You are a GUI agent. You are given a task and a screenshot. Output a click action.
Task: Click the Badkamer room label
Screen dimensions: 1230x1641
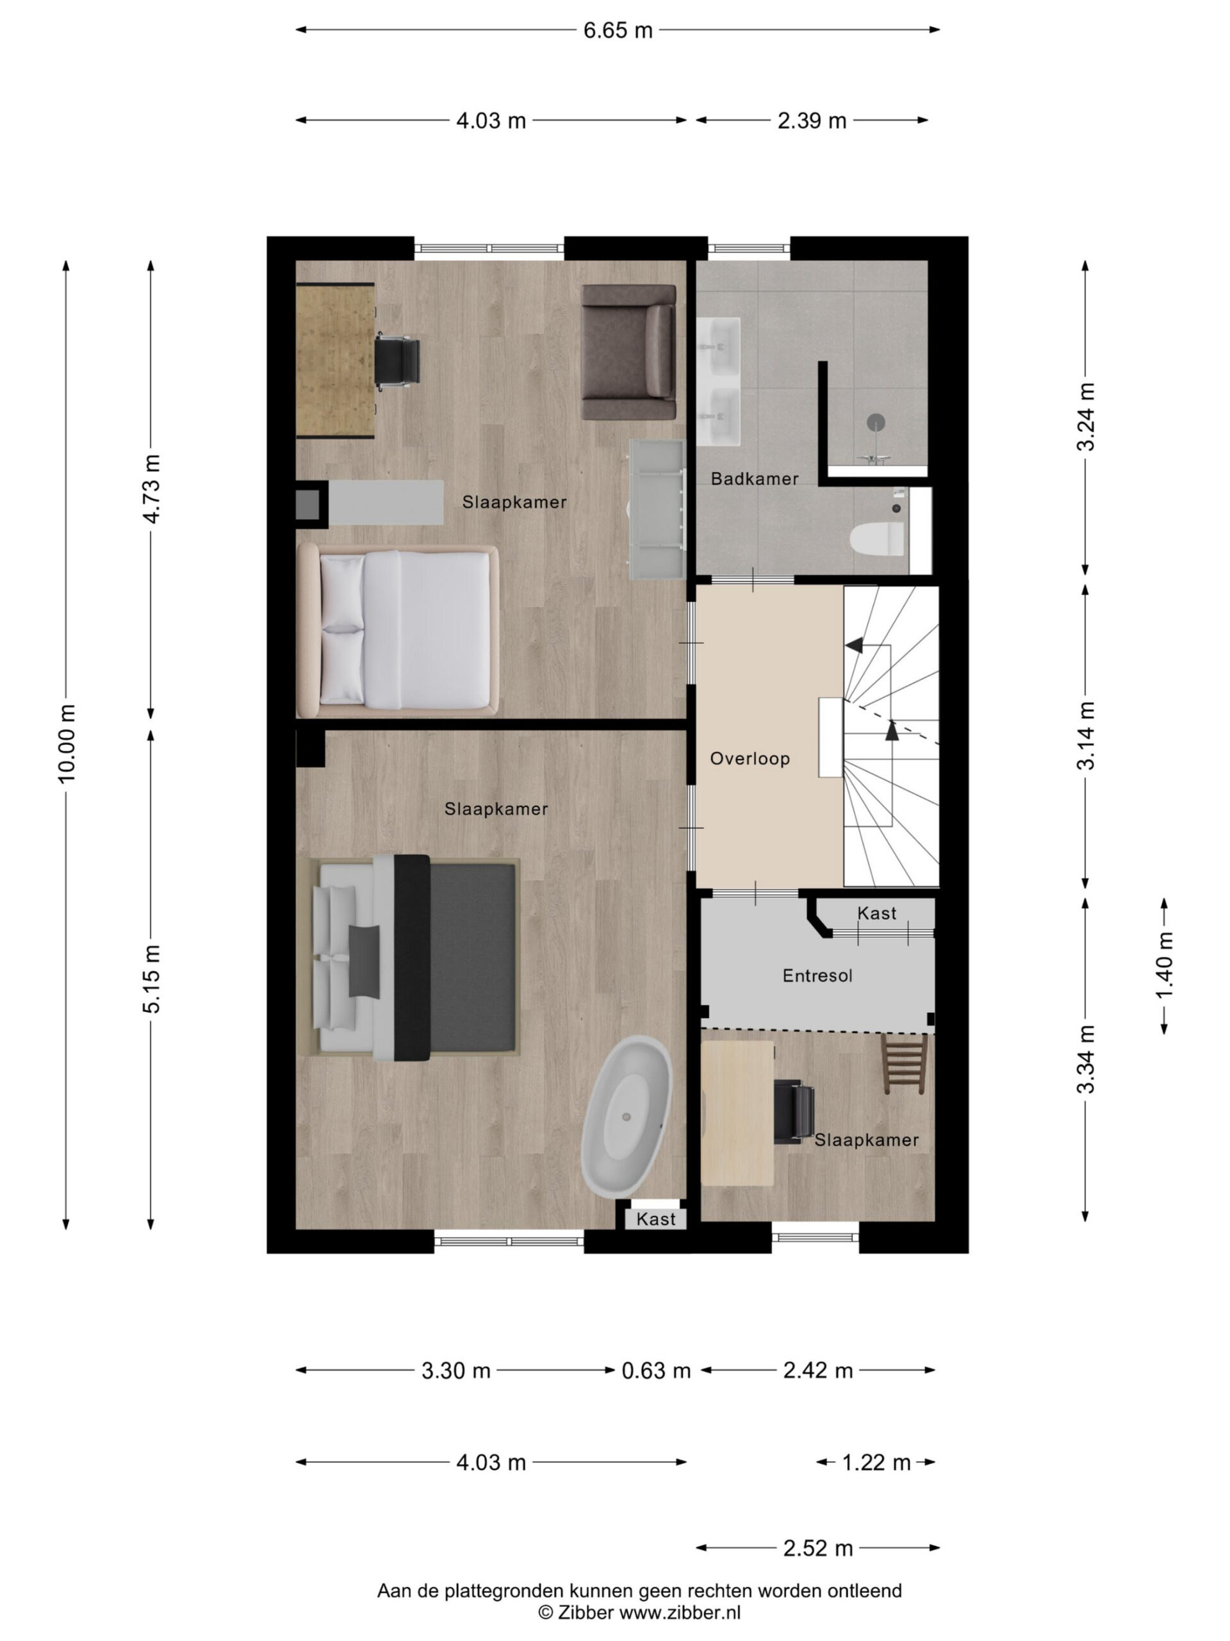754,478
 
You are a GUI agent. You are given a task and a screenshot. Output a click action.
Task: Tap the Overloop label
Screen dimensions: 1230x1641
750,758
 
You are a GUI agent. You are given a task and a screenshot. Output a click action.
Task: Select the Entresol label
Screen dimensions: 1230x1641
817,976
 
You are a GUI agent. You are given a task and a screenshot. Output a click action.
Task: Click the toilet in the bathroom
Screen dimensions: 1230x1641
878,538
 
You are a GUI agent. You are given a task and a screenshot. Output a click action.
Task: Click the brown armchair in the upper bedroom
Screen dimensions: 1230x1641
628,353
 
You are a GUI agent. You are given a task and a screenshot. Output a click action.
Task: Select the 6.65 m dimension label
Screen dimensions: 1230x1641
618,30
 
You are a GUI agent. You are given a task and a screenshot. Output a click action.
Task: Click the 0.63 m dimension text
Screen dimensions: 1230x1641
655,1370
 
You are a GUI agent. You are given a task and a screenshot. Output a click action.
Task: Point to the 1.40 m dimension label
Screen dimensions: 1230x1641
1164,966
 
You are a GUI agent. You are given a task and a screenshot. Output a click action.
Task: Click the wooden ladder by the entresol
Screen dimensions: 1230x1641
905,1064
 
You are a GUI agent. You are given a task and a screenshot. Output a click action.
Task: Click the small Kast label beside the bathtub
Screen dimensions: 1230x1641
655,1219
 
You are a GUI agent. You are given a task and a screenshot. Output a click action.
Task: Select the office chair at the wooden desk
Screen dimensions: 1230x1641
397,363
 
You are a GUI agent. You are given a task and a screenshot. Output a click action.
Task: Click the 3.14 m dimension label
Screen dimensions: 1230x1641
1086,735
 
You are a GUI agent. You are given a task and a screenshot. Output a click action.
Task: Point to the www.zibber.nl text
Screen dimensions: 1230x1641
680,1613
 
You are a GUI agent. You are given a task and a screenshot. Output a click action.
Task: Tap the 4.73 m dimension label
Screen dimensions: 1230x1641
151,489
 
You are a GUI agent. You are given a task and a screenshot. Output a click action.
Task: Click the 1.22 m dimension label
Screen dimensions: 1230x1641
876,1462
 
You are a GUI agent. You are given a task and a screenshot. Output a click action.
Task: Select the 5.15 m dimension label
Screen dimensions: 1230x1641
151,979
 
